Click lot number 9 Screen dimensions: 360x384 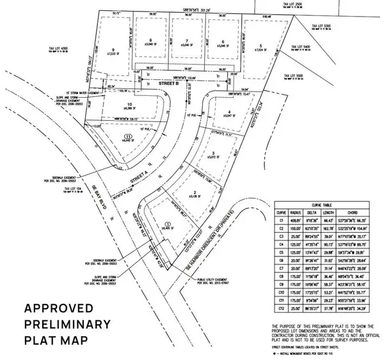coord(113,50)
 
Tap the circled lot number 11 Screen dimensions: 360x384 coord(128,137)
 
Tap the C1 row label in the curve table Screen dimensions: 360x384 coord(280,219)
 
